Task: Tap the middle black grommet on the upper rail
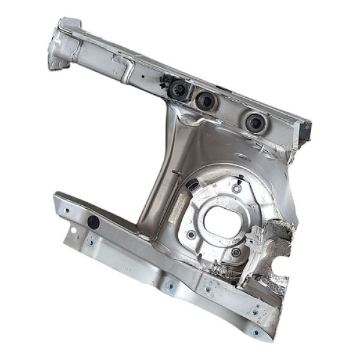click(x=206, y=101)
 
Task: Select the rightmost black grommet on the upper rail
click(x=254, y=122)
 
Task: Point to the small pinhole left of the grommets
click(x=142, y=77)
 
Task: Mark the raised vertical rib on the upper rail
click(x=128, y=68)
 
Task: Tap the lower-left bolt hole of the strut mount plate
click(x=191, y=235)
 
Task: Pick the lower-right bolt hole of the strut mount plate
click(x=236, y=252)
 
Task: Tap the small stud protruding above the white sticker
click(x=173, y=175)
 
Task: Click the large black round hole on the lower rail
click(x=93, y=222)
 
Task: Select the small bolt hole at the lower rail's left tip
click(x=65, y=211)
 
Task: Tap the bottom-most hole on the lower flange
click(x=256, y=331)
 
